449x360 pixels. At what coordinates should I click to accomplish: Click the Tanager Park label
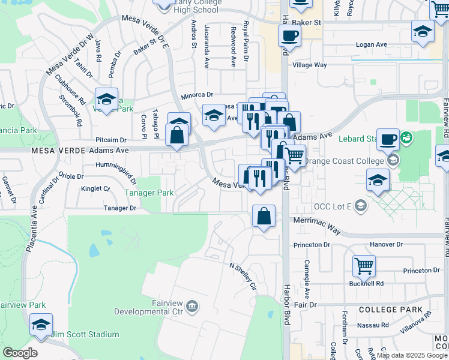point(149,193)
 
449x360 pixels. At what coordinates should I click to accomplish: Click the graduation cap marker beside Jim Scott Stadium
point(41,326)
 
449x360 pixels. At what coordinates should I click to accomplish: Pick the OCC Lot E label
point(331,207)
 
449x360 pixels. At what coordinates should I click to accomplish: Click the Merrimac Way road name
point(317,221)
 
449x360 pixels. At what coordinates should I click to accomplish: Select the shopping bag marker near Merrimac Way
point(264,217)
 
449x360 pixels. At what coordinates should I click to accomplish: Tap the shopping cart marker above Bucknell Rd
point(364,266)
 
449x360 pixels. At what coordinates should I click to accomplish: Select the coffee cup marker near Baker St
point(289,35)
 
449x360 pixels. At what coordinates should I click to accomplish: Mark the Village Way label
point(309,64)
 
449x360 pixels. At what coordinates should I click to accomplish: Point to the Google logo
point(20,353)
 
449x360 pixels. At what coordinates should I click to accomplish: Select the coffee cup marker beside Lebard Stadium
point(388,139)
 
